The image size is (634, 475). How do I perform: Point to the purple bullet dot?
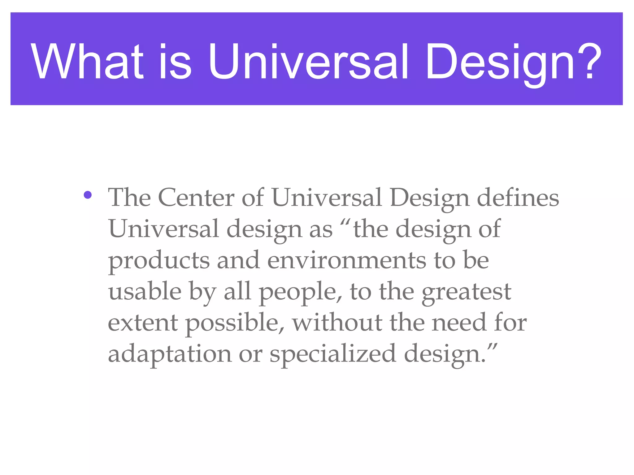pyautogui.click(x=88, y=195)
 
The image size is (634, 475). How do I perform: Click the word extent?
pyautogui.click(x=143, y=323)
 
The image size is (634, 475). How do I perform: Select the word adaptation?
pyautogui.click(x=169, y=354)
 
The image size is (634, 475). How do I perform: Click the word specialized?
pyautogui.click(x=333, y=354)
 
